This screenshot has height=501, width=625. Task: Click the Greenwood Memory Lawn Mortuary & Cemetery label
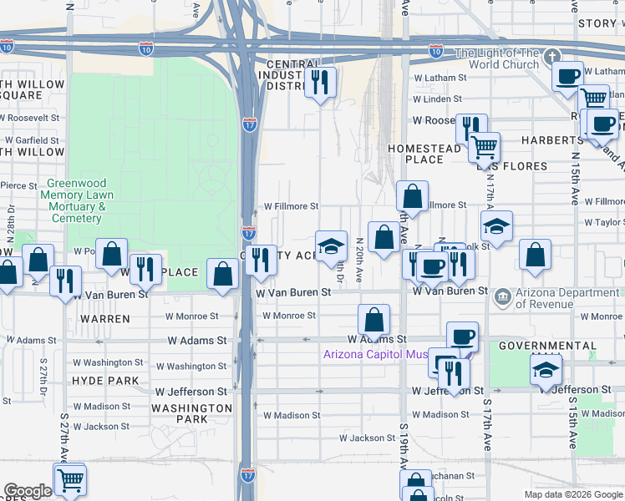76,200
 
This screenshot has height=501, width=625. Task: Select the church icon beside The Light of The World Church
551,58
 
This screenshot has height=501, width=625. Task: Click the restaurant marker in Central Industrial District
320,82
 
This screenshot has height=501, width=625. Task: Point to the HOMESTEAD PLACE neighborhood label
424,154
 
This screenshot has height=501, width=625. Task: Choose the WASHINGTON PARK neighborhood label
191,413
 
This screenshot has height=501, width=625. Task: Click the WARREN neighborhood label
104,319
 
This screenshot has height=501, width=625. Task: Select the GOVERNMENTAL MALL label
547,346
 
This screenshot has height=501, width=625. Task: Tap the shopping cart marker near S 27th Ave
70,480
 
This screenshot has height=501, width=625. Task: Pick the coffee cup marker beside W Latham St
568,77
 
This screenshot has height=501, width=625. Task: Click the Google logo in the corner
28,491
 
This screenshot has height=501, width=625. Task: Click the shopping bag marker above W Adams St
374,319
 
